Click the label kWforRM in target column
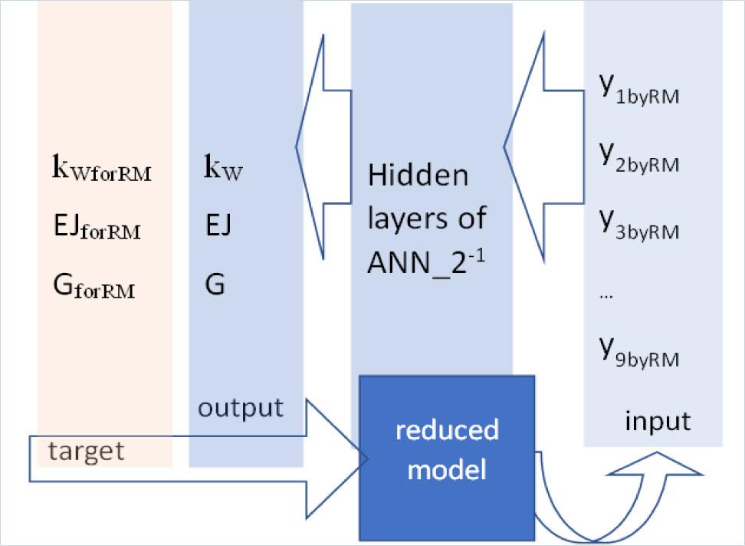click(x=101, y=169)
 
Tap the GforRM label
click(x=94, y=288)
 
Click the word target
click(x=86, y=451)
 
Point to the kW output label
click(x=223, y=168)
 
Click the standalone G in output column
click(x=215, y=285)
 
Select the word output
click(x=240, y=407)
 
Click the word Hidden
click(x=418, y=176)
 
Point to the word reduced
click(x=447, y=430)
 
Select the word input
click(x=658, y=421)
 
